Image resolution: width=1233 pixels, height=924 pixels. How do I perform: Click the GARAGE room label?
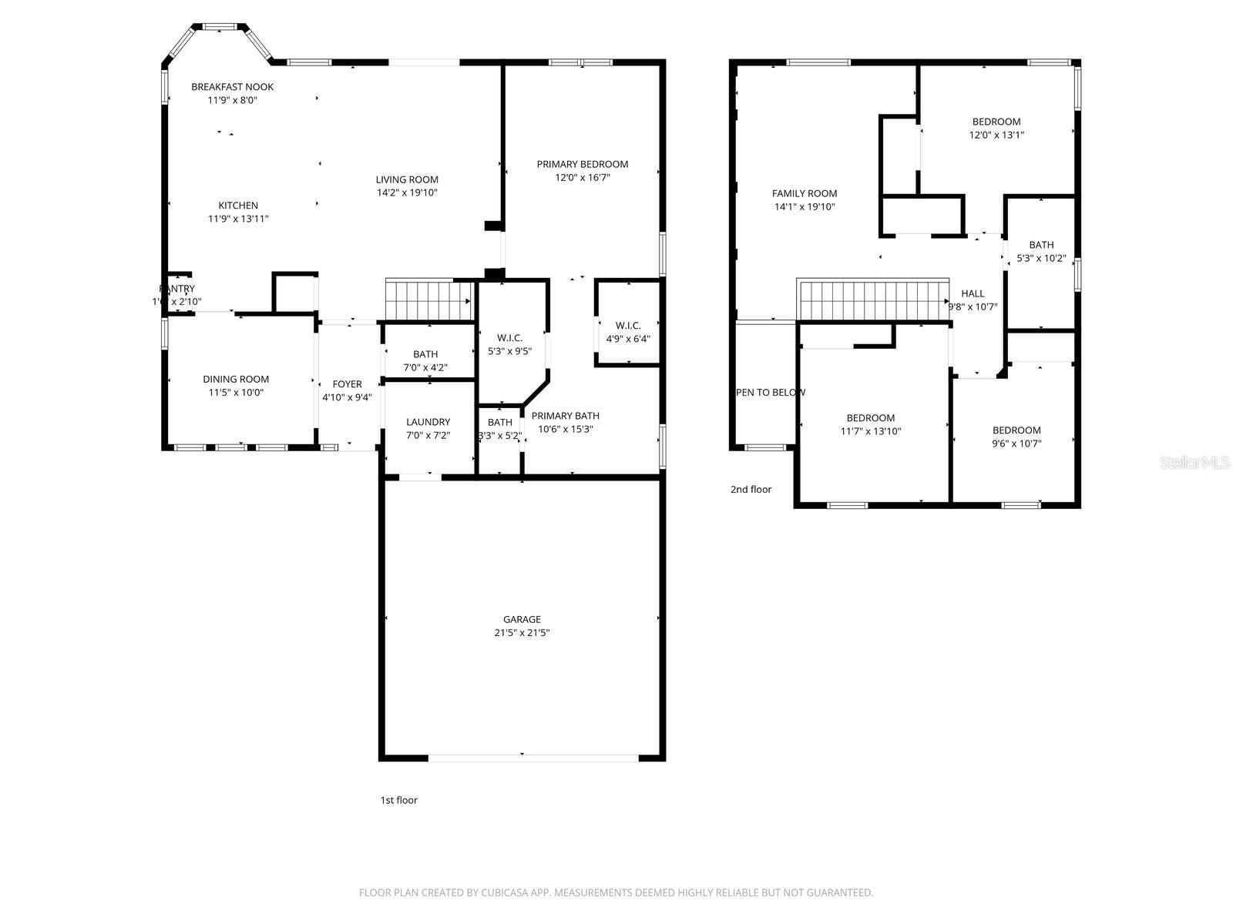[x=522, y=619]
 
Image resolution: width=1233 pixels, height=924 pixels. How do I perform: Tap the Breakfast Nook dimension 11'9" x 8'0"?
[x=232, y=100]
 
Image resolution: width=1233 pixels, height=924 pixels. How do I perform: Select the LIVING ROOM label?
[x=407, y=179]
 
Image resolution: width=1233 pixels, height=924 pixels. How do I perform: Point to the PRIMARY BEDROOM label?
[x=582, y=164]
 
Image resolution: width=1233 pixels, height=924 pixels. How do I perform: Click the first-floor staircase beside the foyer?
[x=428, y=299]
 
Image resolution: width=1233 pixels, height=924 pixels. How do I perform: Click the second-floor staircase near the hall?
[x=872, y=299]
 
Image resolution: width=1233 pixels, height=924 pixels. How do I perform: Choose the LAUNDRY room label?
[x=428, y=422]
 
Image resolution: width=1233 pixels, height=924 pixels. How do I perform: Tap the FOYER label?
[x=347, y=384]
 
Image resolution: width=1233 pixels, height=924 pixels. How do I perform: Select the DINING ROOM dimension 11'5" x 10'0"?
[x=236, y=393]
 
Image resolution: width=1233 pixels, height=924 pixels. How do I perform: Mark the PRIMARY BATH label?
[x=565, y=416]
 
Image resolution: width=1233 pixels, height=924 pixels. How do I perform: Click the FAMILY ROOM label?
[x=805, y=193]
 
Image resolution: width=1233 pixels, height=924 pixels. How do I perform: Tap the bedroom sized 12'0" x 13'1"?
[x=996, y=128]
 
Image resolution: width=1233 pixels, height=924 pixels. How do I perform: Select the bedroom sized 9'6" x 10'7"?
[x=1016, y=437]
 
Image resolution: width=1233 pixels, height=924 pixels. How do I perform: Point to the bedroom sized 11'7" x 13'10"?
[x=871, y=424]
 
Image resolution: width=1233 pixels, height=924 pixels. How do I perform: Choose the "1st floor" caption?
[x=398, y=800]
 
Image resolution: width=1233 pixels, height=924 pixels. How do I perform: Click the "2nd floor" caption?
[x=751, y=489]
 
